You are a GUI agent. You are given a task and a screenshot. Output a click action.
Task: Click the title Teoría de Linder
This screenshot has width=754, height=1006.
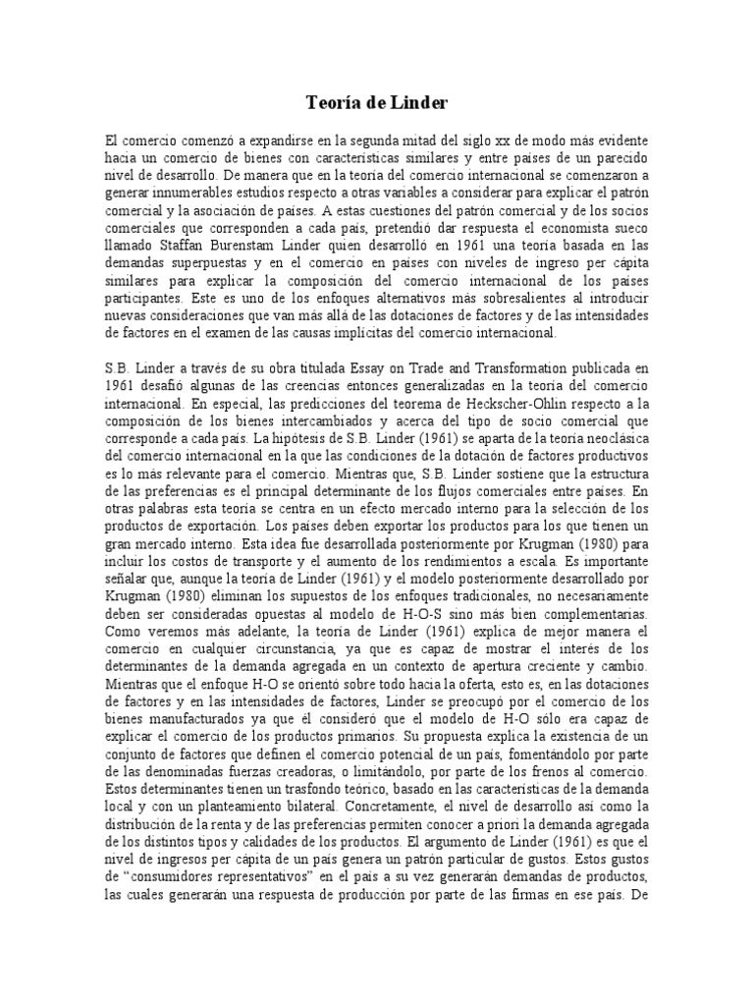tap(376, 100)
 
